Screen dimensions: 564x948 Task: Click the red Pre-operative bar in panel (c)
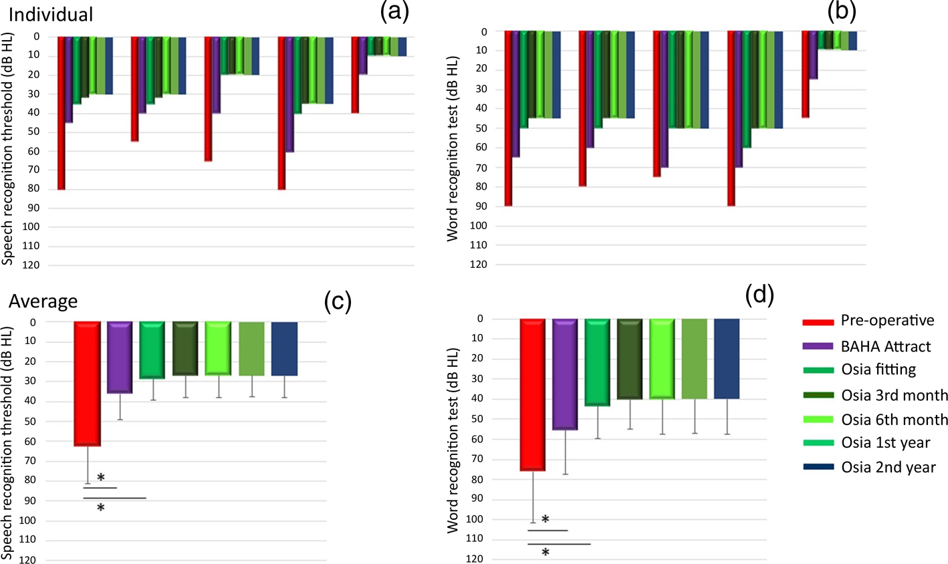pyautogui.click(x=87, y=383)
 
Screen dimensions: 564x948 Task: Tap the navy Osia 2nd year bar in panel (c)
pyautogui.click(x=284, y=348)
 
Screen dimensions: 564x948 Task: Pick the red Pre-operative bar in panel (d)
pyautogui.click(x=532, y=394)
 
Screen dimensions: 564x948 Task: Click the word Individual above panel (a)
pyautogui.click(x=51, y=14)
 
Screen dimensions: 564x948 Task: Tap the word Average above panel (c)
pyautogui.click(x=43, y=301)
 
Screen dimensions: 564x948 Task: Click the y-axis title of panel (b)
pyautogui.click(x=453, y=148)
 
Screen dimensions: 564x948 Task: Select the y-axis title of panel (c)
pyautogui.click(x=8, y=443)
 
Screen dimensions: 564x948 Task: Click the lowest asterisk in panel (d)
pyautogui.click(x=546, y=553)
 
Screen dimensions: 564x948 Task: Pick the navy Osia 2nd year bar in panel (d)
pyautogui.click(x=727, y=359)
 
